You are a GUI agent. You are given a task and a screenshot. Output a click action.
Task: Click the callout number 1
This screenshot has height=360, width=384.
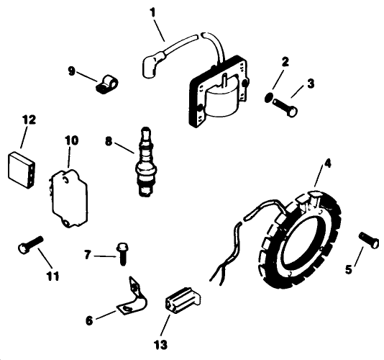point(151,12)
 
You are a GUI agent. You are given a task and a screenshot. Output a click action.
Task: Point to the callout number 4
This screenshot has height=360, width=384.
point(327,163)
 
